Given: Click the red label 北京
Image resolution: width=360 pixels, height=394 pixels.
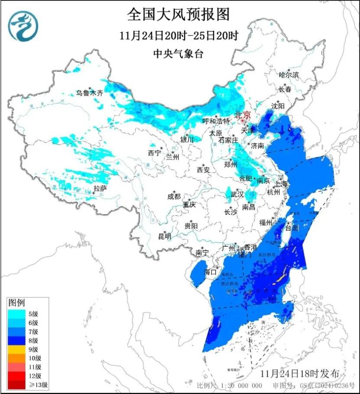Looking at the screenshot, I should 242,115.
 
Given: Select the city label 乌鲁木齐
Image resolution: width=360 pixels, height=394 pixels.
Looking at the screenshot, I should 90,93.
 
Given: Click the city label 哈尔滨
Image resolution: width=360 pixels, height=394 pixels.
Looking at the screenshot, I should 289,75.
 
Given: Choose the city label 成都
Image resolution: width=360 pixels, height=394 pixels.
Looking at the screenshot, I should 173,196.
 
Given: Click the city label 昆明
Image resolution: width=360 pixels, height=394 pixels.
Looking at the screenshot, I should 165,236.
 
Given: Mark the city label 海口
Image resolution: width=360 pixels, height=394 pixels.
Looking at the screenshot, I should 211,272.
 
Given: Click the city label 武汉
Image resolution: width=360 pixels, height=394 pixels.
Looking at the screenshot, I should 237,195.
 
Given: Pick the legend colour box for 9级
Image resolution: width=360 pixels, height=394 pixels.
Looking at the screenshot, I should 16,349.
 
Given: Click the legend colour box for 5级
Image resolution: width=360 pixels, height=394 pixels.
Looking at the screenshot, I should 16,314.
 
